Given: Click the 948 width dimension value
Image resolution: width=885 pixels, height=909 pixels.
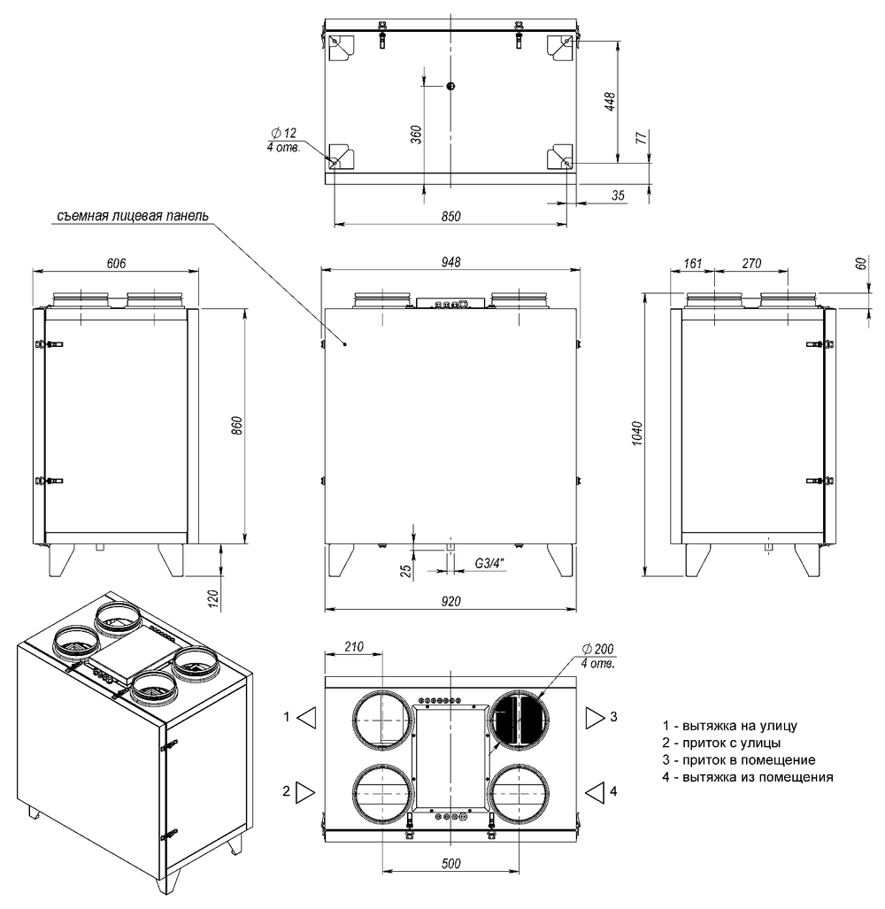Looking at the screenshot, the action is [450, 262].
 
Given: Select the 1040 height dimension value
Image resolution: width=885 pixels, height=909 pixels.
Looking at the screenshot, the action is [637, 434].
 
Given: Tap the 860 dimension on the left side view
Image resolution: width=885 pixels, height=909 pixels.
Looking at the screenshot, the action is [237, 426].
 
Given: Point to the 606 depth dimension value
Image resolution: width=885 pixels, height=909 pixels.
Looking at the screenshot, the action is [116, 263].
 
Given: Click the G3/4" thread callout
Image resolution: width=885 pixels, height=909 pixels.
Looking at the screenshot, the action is [489, 563].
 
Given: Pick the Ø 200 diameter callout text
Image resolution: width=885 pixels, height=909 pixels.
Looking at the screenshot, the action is [597, 650].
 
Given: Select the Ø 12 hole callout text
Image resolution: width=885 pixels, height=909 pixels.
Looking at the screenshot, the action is [284, 134].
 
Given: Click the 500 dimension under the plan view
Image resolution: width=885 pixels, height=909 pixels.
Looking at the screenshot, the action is [450, 863].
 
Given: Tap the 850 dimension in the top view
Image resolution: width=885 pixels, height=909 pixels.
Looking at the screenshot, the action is [450, 216].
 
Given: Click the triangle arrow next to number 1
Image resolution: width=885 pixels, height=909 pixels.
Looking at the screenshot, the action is [306, 718].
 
